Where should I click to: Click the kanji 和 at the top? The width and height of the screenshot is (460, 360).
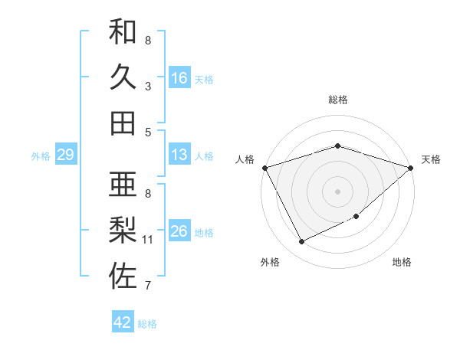pos(123,32)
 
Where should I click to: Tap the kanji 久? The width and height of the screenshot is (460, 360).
pos(123,77)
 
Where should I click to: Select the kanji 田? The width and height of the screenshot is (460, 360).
pos(123,123)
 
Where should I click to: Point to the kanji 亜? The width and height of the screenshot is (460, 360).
pos(123,185)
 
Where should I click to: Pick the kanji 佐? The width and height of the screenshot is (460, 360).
pos(123,277)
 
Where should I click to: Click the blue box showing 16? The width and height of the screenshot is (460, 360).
pos(179,77)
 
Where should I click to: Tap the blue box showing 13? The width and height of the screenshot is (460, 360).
pos(179,155)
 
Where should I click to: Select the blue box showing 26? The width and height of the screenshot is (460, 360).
pos(179,231)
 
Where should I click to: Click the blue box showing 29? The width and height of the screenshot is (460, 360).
pos(65,155)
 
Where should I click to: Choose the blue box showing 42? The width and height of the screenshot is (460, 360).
pos(123,322)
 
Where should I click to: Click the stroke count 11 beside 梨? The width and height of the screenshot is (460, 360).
pos(148,240)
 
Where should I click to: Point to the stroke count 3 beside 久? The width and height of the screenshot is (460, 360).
pos(148,86)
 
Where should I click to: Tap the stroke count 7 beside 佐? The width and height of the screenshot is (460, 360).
pos(148,286)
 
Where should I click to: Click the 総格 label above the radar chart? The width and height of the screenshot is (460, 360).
pos(337,100)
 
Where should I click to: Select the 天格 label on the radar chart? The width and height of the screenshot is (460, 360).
pos(431,159)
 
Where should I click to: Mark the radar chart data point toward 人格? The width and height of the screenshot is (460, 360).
pos(264,167)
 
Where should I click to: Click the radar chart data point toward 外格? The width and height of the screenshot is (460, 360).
pos(301,242)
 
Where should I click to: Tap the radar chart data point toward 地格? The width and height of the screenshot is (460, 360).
pos(356,217)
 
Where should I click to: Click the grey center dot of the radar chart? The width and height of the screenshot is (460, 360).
pos(337,191)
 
